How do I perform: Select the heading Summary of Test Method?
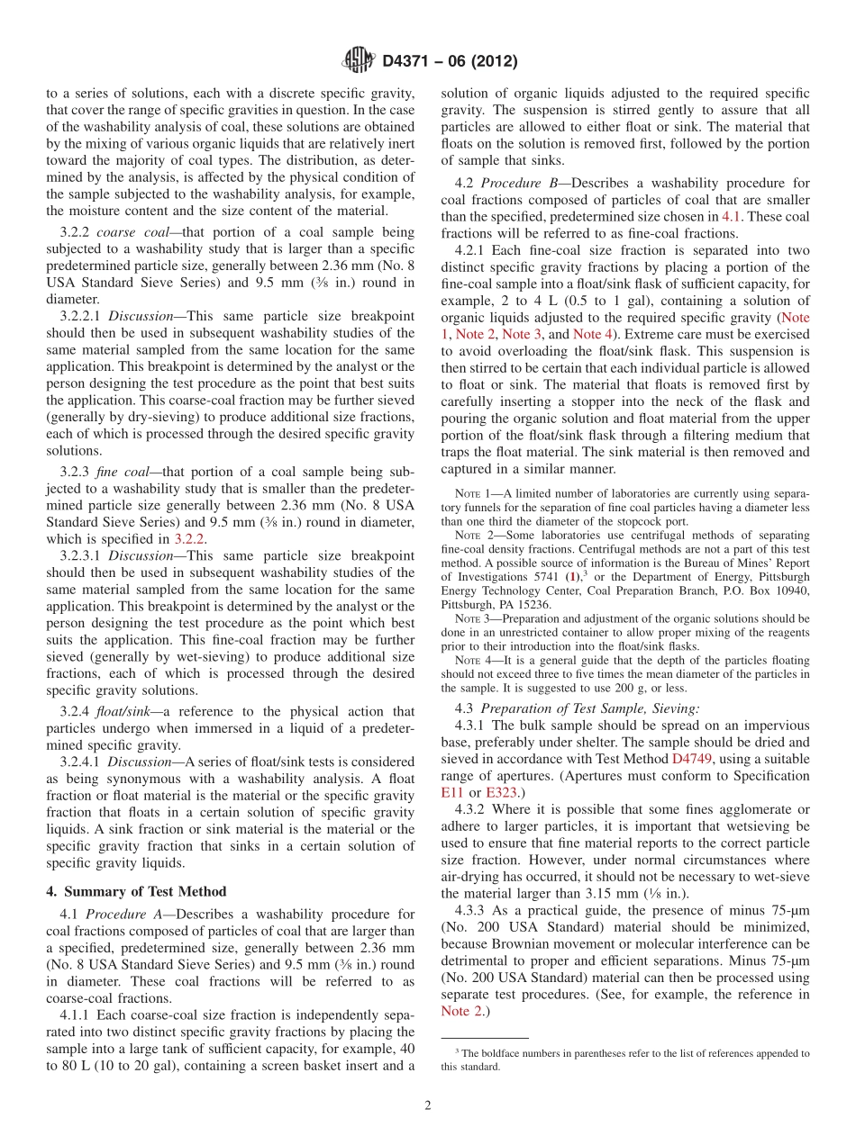point(136,891)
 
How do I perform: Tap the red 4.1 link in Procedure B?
point(732,216)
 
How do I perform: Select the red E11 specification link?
point(451,792)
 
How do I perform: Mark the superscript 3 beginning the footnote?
point(458,1050)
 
